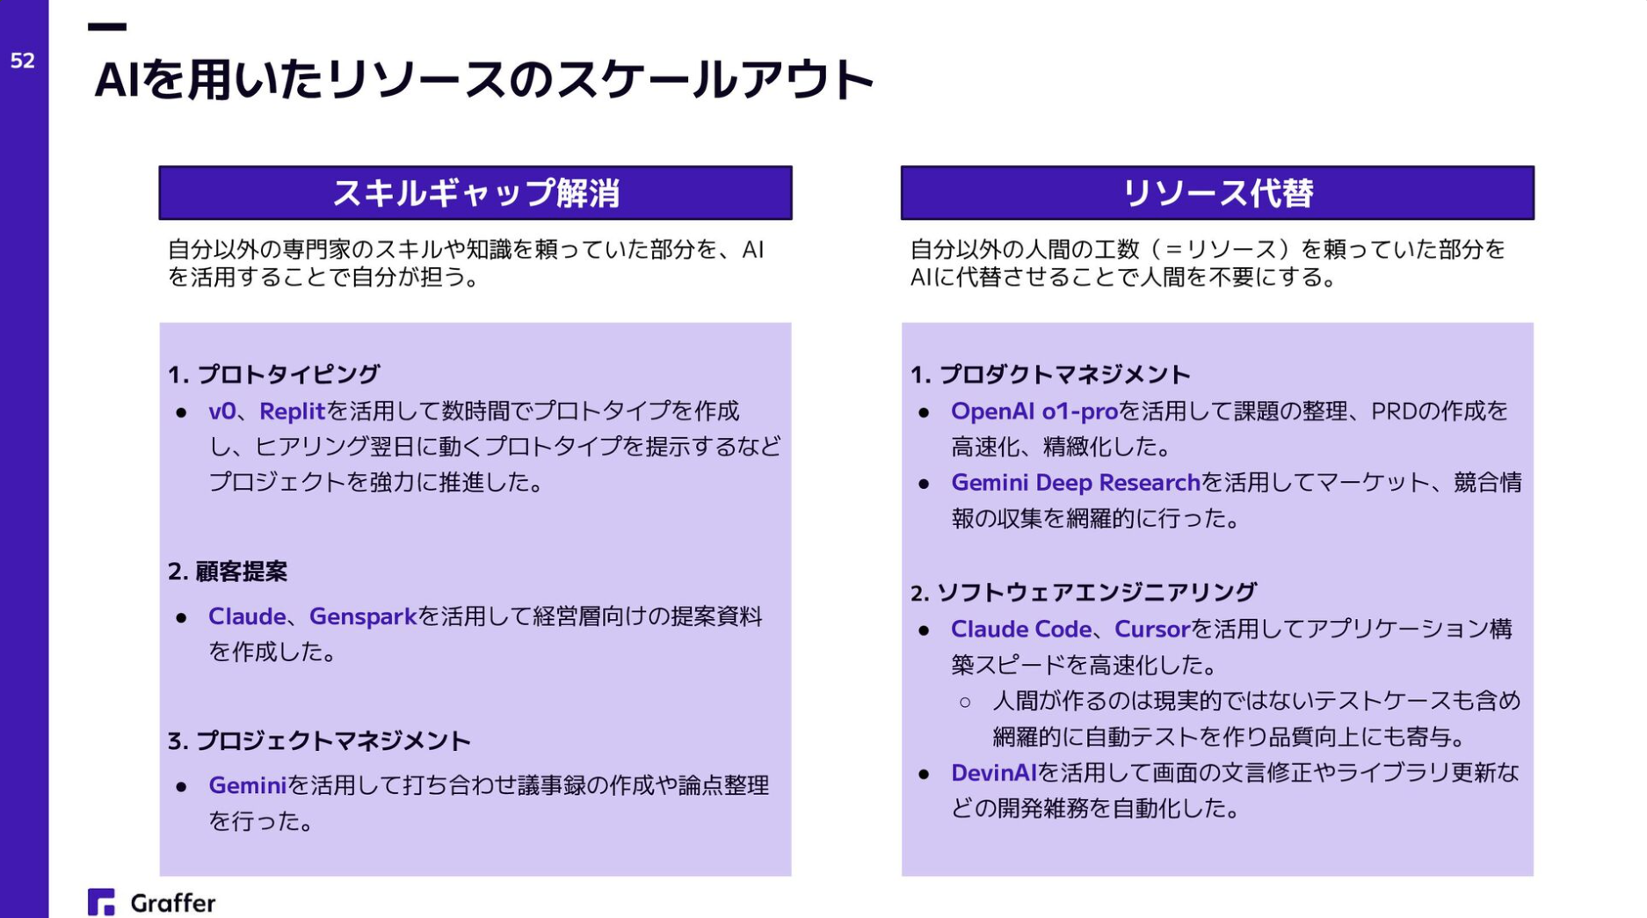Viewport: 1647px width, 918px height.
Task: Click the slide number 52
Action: click(x=22, y=61)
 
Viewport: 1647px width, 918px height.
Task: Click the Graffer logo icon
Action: click(x=101, y=901)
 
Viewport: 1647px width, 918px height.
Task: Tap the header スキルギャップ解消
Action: click(x=475, y=193)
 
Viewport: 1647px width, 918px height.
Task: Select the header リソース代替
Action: click(x=1217, y=193)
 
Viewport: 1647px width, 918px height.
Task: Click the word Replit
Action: click(x=292, y=411)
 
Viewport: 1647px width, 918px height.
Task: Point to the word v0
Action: click(x=221, y=411)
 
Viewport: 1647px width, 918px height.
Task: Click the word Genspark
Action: click(x=362, y=616)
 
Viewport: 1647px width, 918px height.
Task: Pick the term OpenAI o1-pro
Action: click(x=1034, y=411)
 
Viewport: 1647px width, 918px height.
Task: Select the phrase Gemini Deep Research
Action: click(x=1075, y=483)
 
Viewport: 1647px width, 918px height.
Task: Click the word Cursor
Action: click(x=1151, y=629)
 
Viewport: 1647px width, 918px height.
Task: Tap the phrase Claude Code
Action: click(x=1020, y=629)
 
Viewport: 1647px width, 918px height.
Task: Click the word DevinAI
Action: click(x=993, y=773)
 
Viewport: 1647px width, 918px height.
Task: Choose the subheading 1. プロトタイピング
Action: click(x=273, y=375)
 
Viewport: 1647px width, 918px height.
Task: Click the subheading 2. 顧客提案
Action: click(x=228, y=572)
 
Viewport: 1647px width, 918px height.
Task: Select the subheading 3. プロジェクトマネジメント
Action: click(x=319, y=741)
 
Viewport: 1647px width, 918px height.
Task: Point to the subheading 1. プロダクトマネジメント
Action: click(x=1050, y=375)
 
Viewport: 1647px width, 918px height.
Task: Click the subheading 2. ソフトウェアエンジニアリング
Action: click(x=1083, y=593)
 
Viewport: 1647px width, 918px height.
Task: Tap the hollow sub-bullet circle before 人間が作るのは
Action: click(x=965, y=702)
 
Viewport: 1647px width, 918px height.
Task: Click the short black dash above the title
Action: click(x=107, y=27)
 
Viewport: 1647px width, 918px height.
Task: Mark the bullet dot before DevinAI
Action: click(x=924, y=774)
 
